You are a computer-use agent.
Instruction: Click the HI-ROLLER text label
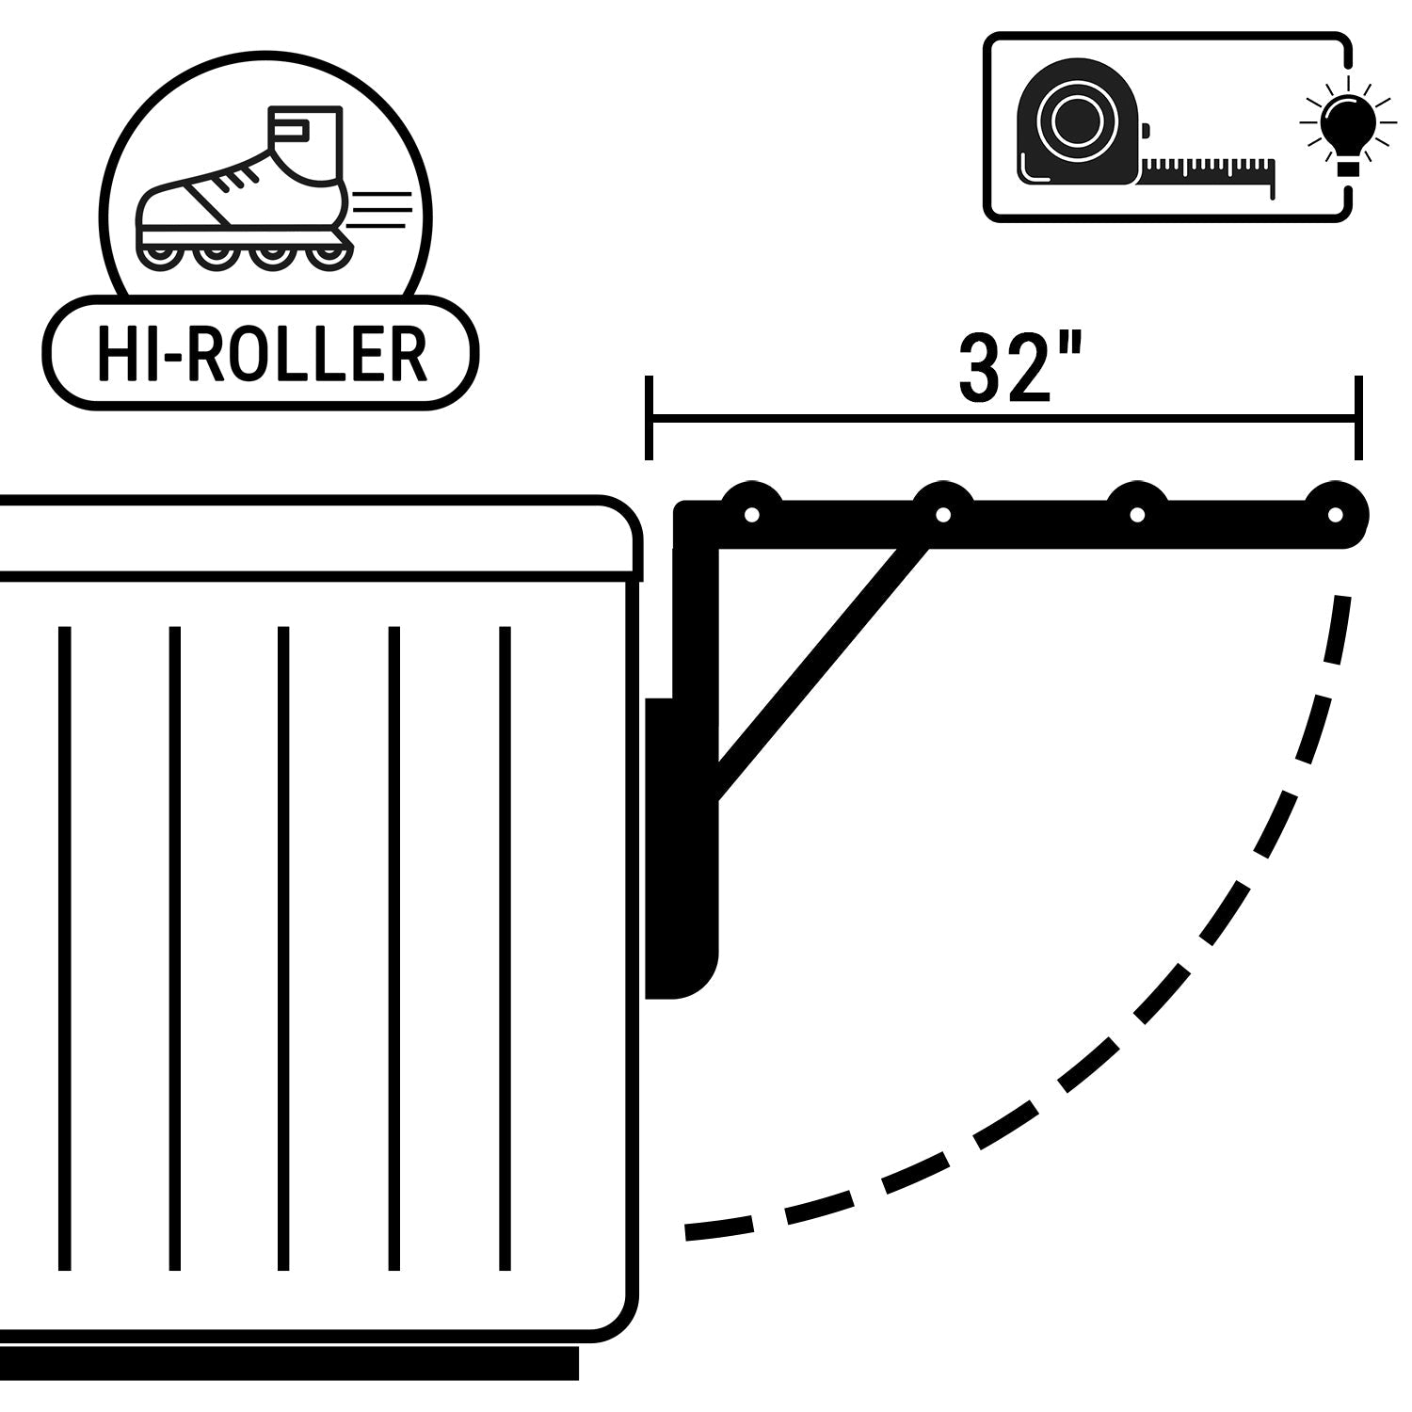(262, 354)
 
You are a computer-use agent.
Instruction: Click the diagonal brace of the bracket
(819, 668)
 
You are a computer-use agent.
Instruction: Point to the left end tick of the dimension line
(649, 417)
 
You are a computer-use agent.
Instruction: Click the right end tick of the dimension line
(1357, 417)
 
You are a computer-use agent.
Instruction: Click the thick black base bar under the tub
(287, 1362)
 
